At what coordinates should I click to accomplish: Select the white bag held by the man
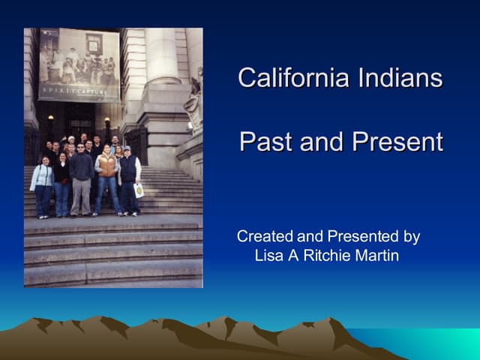click(139, 190)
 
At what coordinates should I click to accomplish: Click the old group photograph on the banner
click(79, 64)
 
